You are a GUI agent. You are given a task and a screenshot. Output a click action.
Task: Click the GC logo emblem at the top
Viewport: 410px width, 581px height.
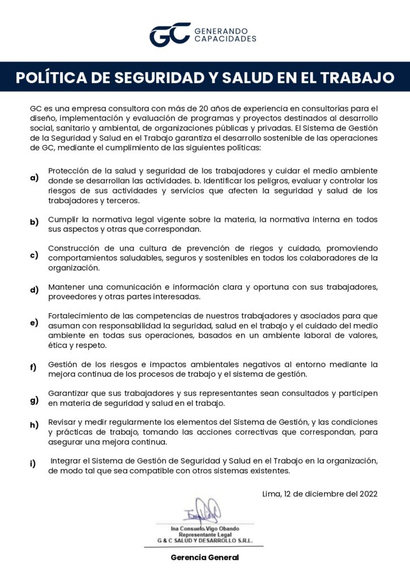(169, 34)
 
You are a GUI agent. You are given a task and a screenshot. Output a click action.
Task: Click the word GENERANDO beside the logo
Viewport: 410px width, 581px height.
(225, 31)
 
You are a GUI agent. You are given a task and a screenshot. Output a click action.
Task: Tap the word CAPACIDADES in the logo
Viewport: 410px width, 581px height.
(225, 39)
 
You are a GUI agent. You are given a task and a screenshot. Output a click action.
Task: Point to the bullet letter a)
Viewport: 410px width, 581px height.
(35, 178)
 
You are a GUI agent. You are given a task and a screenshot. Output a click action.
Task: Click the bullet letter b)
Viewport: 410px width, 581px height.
(35, 222)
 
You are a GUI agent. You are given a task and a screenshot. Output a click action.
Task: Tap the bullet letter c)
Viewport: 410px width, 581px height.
(35, 255)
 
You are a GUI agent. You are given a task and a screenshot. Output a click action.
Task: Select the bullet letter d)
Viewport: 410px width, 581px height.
(35, 290)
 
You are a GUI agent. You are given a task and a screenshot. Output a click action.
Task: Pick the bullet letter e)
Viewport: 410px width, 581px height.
(35, 323)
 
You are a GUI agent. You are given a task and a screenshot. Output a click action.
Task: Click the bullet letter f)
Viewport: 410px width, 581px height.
(34, 367)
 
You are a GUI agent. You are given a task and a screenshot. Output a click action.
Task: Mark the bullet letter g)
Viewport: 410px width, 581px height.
(35, 400)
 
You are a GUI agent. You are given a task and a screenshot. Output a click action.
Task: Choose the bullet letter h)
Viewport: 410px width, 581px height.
(35, 425)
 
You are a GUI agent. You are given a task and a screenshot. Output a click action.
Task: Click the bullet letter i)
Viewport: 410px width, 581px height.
(33, 464)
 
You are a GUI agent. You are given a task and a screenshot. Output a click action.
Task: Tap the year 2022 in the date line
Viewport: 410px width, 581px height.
(367, 494)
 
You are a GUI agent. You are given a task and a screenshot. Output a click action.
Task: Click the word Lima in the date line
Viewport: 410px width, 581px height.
(272, 494)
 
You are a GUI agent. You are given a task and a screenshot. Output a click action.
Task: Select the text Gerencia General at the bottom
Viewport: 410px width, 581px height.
(205, 558)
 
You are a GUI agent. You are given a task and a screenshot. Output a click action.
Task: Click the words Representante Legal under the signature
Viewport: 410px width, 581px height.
(205, 534)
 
